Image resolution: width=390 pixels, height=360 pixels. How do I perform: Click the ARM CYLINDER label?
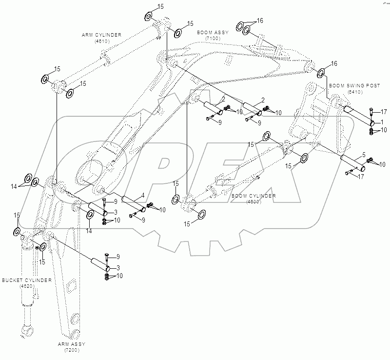coord(101,35)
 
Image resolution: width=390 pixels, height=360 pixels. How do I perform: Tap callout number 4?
coord(142,196)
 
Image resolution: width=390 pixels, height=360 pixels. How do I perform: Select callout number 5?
coord(363,156)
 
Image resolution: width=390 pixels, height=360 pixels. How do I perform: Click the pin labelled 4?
coord(133,203)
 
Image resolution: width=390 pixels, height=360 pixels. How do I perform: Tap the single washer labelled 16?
coord(322,73)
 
